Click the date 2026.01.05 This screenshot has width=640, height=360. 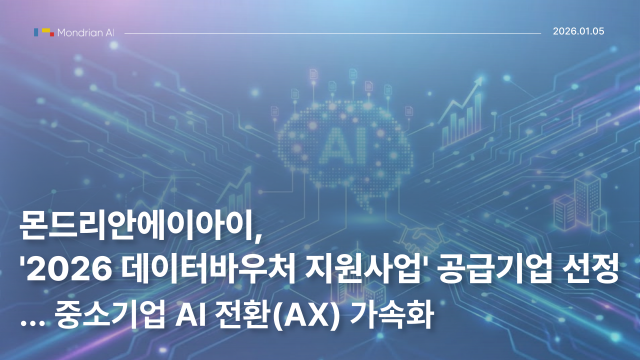tap(578, 32)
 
